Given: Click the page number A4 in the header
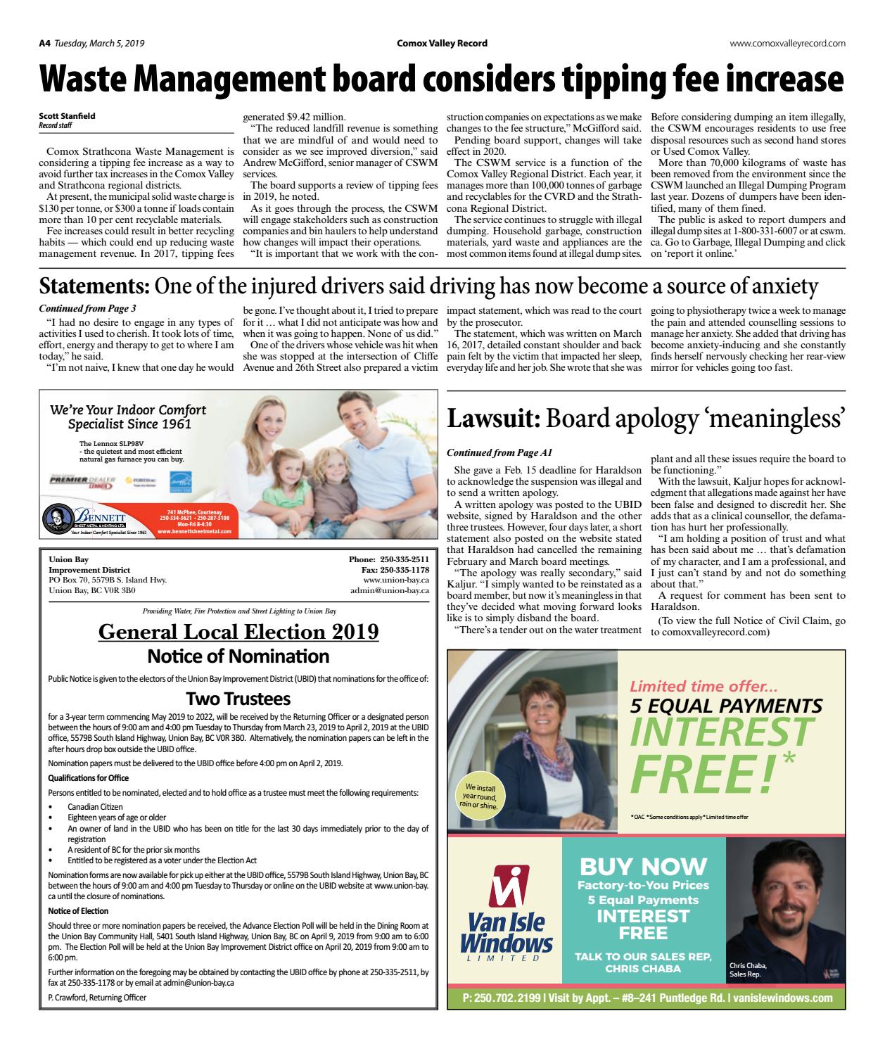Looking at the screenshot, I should tap(44, 43).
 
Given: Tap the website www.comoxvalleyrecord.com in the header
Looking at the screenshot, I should tap(787, 43).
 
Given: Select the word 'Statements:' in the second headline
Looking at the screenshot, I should tap(94, 286).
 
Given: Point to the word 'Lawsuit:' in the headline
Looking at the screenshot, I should tap(494, 419).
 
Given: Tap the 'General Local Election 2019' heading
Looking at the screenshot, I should tap(238, 631).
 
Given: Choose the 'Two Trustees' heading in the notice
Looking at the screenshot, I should tap(238, 699).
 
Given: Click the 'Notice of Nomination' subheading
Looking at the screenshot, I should tap(238, 656).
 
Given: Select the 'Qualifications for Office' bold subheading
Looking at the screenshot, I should tap(88, 777).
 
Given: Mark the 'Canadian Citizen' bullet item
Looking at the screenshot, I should tap(95, 806).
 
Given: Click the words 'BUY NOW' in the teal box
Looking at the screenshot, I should tap(643, 866).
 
